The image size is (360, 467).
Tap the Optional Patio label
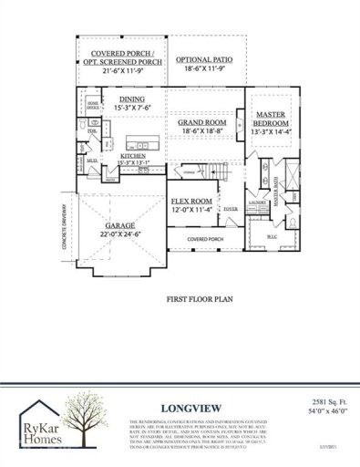tap(204, 61)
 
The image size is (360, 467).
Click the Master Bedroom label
tap(271, 121)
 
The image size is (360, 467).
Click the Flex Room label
tap(191, 205)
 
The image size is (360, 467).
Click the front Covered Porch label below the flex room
tap(204, 240)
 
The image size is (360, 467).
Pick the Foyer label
tap(231, 207)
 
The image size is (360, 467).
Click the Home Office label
tap(92, 105)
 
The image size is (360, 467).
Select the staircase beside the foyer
tap(217, 171)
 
